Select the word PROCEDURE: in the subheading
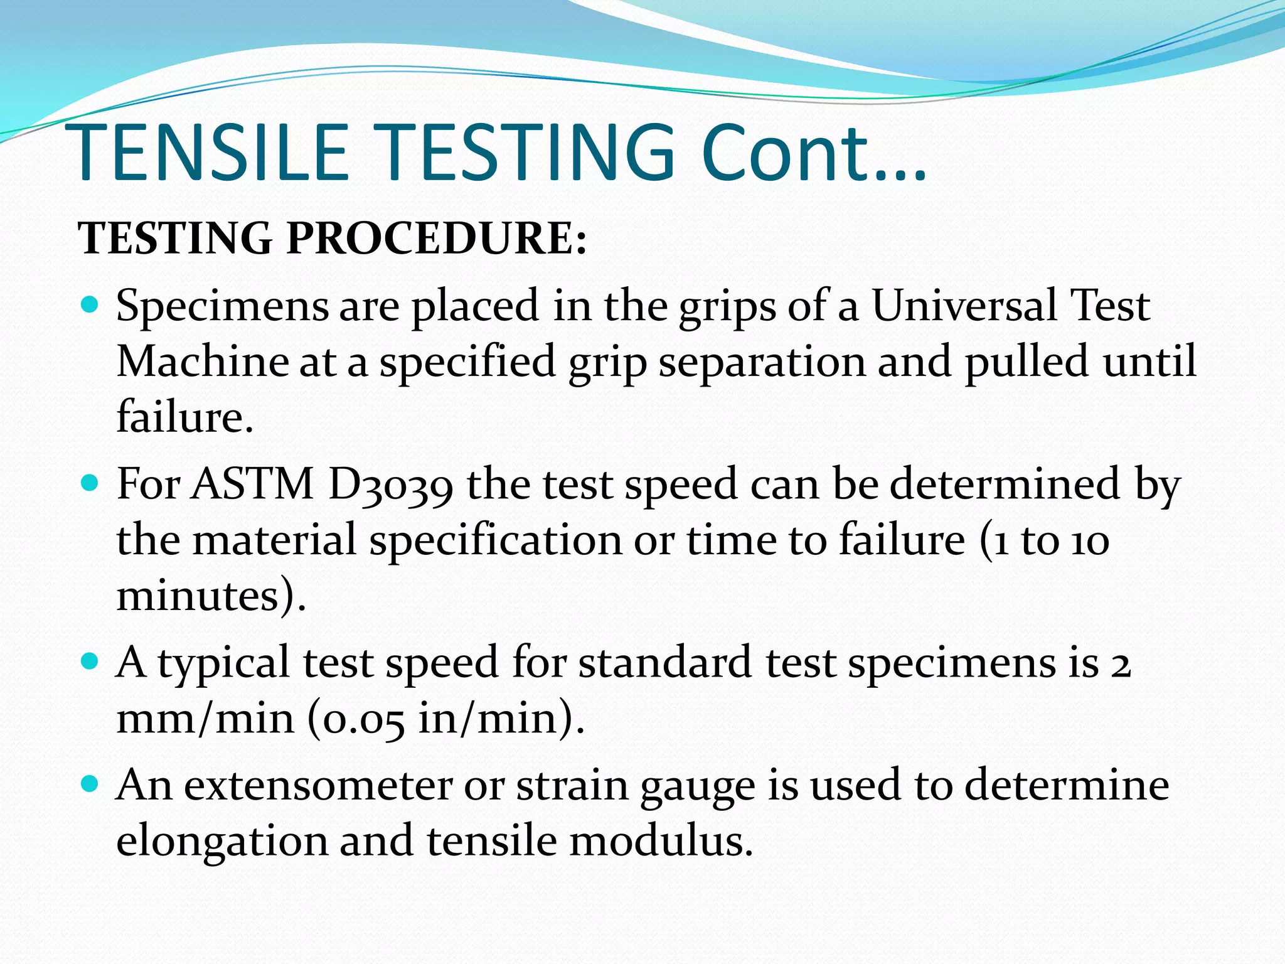[x=437, y=239]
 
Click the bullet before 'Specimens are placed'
[x=90, y=306]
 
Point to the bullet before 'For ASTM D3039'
[x=90, y=483]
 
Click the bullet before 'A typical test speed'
[x=90, y=661]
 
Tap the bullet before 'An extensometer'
[x=90, y=784]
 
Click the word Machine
[x=203, y=362]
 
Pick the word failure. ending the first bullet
[x=185, y=417]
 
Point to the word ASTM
[x=252, y=484]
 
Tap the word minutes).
[x=211, y=595]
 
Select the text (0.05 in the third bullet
[x=356, y=718]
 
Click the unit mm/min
[x=205, y=718]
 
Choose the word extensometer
[x=317, y=785]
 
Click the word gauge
[x=698, y=786]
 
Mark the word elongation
[x=222, y=842]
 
